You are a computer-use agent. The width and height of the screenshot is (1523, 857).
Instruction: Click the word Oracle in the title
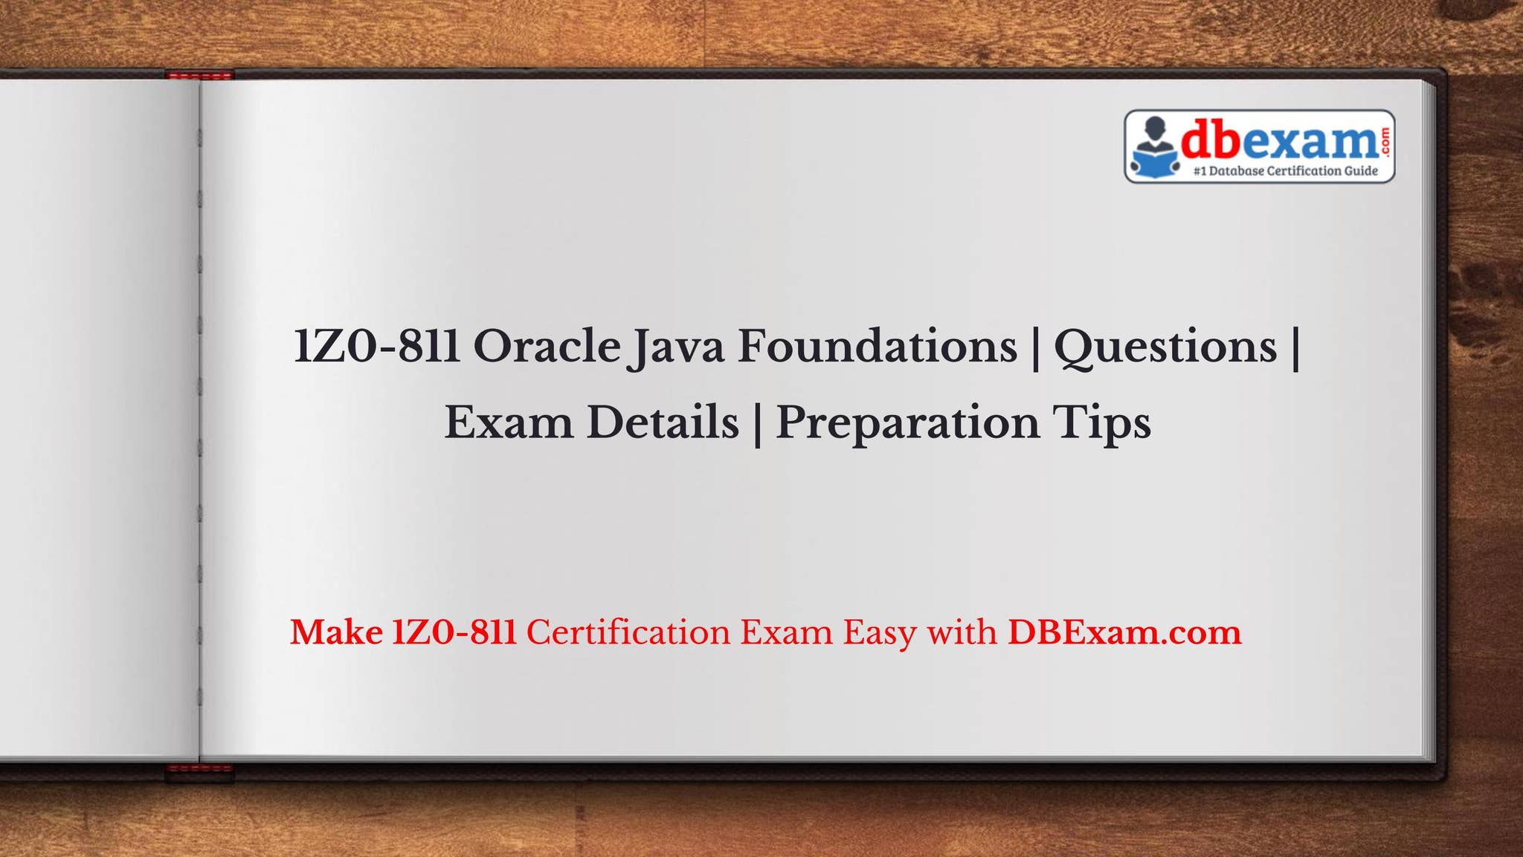[x=547, y=347]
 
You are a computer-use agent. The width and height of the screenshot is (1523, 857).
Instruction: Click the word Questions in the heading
[x=1165, y=348]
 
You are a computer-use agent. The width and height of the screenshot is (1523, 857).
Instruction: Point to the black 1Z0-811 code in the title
[x=377, y=347]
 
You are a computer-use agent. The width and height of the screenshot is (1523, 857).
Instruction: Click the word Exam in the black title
[x=509, y=423]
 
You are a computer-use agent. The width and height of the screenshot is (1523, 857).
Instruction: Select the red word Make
[x=336, y=632]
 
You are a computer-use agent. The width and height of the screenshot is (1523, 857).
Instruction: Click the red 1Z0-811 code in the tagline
[x=454, y=632]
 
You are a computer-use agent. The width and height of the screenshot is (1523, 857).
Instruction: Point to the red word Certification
[x=628, y=632]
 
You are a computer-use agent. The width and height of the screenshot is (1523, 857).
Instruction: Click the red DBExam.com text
[x=1124, y=632]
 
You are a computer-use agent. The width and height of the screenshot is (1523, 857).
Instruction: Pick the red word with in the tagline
[x=962, y=632]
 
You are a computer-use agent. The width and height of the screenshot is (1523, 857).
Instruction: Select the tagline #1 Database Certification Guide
[x=1285, y=171]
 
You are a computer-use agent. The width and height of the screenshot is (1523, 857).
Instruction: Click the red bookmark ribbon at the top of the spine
[x=199, y=74]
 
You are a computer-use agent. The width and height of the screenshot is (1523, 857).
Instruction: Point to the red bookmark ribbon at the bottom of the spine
[x=199, y=772]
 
